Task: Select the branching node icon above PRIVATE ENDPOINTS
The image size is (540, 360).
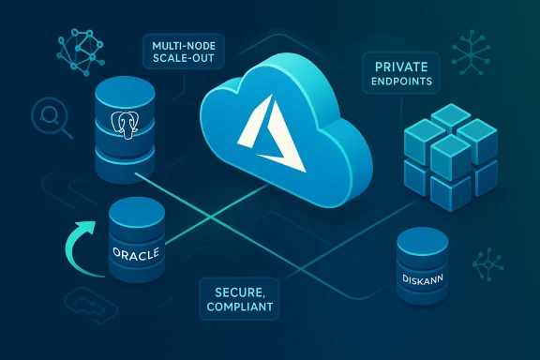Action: point(467,46)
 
